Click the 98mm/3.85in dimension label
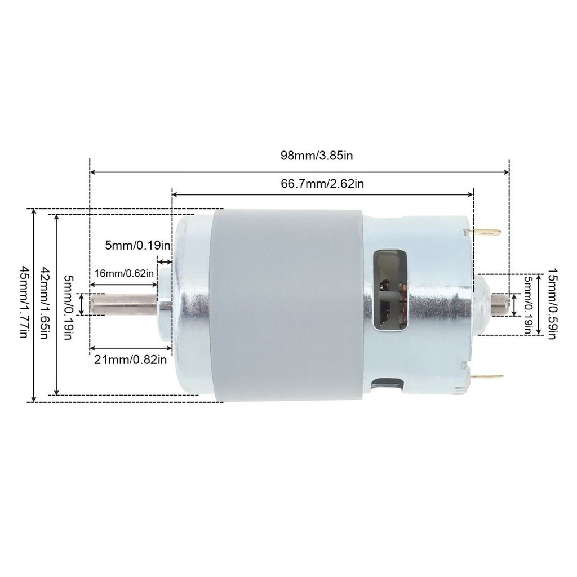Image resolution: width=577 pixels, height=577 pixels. (317, 156)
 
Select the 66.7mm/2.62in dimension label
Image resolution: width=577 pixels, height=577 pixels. (322, 183)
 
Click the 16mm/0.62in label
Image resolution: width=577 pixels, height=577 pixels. (124, 273)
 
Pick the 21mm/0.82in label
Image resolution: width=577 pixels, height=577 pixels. (131, 359)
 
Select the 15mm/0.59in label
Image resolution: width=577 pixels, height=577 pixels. (552, 304)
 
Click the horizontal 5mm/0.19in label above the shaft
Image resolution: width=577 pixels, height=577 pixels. (137, 245)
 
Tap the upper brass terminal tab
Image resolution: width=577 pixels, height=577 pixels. (486, 233)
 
